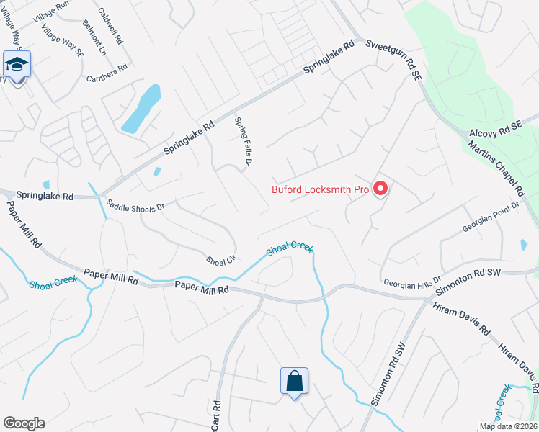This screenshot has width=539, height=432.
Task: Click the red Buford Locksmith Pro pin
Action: tap(380, 189)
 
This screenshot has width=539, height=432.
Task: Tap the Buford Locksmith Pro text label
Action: tap(320, 190)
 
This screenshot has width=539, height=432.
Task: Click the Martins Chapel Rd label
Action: tap(494, 168)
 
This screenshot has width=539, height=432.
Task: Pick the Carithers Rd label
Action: tap(107, 73)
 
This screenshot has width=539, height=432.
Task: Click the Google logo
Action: tap(24, 423)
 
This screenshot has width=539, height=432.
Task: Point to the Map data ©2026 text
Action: tap(508, 426)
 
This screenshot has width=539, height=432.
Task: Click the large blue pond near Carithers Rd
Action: tap(141, 109)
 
